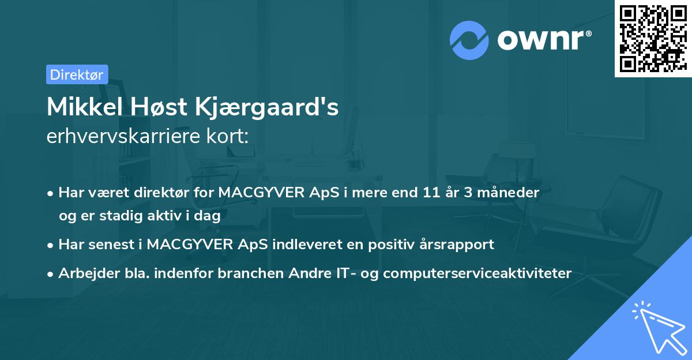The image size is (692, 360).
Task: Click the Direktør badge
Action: (x=77, y=74)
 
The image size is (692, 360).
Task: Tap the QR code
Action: (x=653, y=39)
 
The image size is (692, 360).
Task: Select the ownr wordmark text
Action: (x=543, y=39)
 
